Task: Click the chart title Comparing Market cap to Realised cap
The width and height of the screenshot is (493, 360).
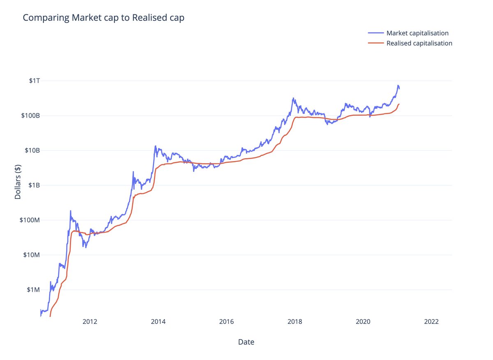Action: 104,18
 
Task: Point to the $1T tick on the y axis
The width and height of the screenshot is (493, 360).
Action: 34,81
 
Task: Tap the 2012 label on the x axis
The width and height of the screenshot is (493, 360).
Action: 90,322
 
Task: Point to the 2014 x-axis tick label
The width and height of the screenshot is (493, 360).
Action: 158,322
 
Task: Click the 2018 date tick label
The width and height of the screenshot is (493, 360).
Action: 295,322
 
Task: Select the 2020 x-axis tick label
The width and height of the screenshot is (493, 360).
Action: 363,322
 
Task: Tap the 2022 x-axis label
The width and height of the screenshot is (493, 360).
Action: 432,322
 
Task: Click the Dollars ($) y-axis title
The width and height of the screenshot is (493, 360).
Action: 18,182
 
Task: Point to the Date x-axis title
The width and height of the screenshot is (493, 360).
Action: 246,342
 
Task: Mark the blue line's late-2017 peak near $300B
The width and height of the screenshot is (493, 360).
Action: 293,98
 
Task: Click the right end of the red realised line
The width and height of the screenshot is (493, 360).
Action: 399,104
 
